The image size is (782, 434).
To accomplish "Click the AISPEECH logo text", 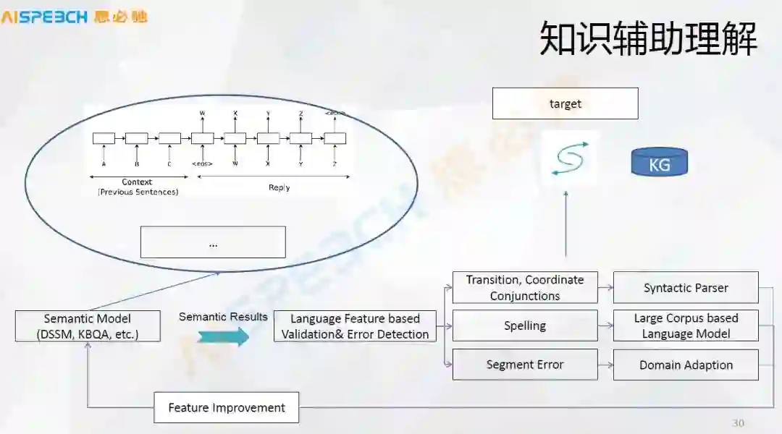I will [45, 17].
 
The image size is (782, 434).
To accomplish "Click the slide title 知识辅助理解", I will [648, 39].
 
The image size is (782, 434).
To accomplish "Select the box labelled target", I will [565, 103].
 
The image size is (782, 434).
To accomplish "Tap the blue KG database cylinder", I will [659, 163].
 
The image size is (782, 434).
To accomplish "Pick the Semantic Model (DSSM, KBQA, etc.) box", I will [88, 326].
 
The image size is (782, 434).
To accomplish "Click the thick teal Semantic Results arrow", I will [223, 336].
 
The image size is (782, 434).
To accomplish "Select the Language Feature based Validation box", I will [355, 326].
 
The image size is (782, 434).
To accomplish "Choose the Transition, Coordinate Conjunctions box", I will [525, 288].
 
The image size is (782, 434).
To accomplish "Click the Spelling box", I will [525, 325].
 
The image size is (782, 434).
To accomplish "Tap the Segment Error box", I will [525, 365].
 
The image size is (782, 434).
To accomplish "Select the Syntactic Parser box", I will [686, 288].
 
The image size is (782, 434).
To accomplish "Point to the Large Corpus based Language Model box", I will [686, 325].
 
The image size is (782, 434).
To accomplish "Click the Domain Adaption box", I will [686, 365].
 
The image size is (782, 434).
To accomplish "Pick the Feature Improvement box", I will [226, 408].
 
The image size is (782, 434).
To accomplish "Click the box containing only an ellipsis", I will [213, 242].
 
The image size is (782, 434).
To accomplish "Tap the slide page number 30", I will [738, 423].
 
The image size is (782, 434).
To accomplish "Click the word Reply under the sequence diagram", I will [279, 187].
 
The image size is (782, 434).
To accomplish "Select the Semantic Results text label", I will [223, 317].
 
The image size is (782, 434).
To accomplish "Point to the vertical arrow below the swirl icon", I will [566, 224].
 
